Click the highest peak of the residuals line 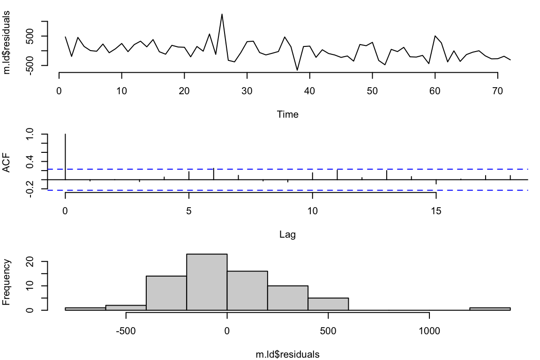point(222,14)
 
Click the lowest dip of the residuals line point(297,70)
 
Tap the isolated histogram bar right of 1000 point(490,308)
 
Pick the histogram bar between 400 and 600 point(329,304)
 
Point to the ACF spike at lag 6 point(214,174)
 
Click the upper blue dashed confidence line point(281,169)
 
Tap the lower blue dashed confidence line point(281,190)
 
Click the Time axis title point(287,114)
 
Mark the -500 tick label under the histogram point(126,329)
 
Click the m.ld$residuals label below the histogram point(287,354)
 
